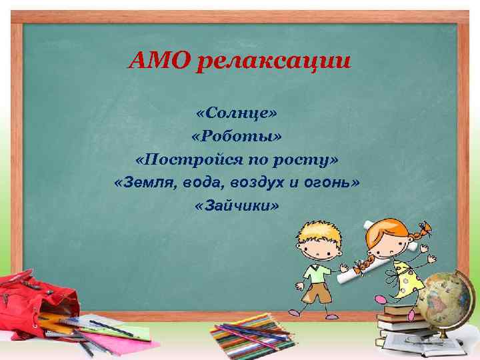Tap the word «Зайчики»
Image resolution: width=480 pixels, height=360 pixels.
(x=237, y=206)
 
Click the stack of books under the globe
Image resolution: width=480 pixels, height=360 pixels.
(x=407, y=327)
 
